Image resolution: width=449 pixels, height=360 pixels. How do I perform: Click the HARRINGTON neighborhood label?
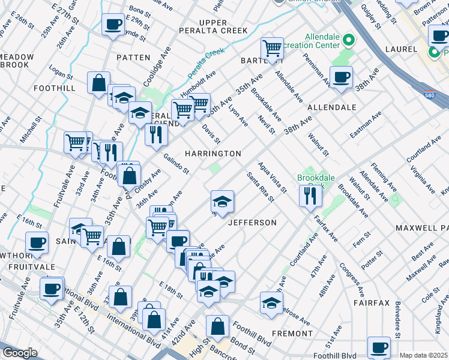pyautogui.click(x=212, y=154)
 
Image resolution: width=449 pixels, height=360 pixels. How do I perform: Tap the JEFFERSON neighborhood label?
pyautogui.click(x=252, y=223)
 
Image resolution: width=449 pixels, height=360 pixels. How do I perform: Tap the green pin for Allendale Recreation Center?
pyautogui.click(x=348, y=41)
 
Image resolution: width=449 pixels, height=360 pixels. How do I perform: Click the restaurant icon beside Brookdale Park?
pyautogui.click(x=310, y=196)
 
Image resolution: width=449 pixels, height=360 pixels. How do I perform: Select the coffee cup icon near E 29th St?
pyautogui.click(x=113, y=25)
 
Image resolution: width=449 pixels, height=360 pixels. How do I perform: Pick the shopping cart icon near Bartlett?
pyautogui.click(x=272, y=48)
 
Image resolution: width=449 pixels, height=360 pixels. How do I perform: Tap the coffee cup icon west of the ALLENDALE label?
pyautogui.click(x=341, y=77)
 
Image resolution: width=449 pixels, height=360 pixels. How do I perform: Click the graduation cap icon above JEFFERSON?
pyautogui.click(x=222, y=201)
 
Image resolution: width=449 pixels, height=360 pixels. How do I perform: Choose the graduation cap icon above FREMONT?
pyautogui.click(x=271, y=302)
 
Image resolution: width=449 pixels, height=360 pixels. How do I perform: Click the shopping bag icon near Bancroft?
pyautogui.click(x=217, y=327)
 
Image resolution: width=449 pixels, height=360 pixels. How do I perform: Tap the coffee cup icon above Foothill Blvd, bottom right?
pyautogui.click(x=379, y=347)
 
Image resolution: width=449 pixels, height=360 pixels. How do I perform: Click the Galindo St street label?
pyautogui.click(x=176, y=163)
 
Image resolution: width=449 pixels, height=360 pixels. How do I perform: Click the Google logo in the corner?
pyautogui.click(x=20, y=353)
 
